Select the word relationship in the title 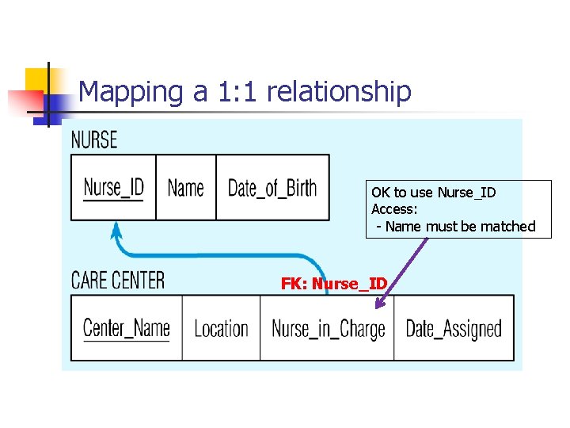(339, 91)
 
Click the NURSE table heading (94, 140)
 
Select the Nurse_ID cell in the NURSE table (113, 188)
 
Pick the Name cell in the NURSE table (186, 188)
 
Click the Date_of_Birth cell (272, 188)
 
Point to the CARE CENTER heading (118, 280)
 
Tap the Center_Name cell (127, 328)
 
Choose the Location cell (221, 328)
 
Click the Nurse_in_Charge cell (328, 328)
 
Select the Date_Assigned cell (454, 328)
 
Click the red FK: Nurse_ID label (334, 284)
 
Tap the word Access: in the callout (394, 209)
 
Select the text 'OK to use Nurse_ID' (434, 193)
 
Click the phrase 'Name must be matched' (461, 227)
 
